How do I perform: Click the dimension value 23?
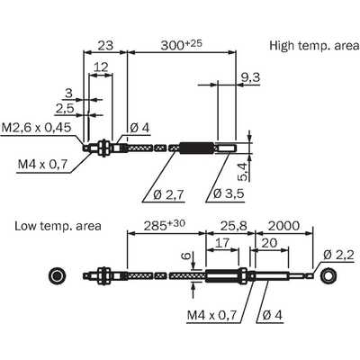pos(105,45)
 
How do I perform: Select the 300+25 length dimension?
pos(182,45)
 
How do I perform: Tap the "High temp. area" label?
pos(314,46)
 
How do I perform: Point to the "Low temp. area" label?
pos(58,226)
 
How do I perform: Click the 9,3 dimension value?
pos(250,77)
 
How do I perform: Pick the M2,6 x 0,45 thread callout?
pos(37,128)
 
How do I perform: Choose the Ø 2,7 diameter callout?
pos(168,194)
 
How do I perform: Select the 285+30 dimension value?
pos(165,225)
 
